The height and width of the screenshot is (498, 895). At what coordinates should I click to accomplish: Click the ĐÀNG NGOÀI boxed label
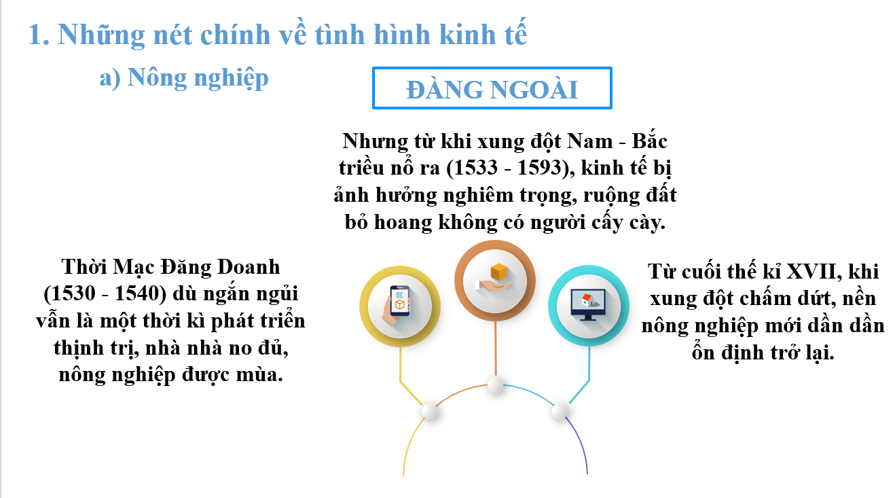(x=492, y=88)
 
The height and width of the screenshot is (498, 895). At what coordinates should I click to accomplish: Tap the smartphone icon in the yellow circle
(x=399, y=301)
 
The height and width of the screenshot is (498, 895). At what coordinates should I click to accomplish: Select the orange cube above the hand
(x=498, y=272)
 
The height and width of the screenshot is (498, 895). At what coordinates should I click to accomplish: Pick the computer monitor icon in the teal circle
(x=588, y=304)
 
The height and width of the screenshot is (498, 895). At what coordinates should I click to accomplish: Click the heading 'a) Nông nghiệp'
(x=184, y=78)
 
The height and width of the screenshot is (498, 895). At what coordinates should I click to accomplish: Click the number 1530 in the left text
(x=72, y=294)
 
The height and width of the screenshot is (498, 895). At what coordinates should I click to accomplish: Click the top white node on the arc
(x=495, y=385)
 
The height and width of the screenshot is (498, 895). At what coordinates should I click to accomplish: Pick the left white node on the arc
(x=430, y=411)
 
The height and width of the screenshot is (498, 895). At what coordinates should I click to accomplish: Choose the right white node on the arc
(x=560, y=411)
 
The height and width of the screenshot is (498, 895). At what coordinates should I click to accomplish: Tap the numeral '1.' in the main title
(x=39, y=35)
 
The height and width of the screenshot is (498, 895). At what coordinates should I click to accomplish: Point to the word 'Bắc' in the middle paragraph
(x=649, y=141)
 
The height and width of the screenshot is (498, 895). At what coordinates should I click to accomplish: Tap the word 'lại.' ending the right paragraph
(x=819, y=353)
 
